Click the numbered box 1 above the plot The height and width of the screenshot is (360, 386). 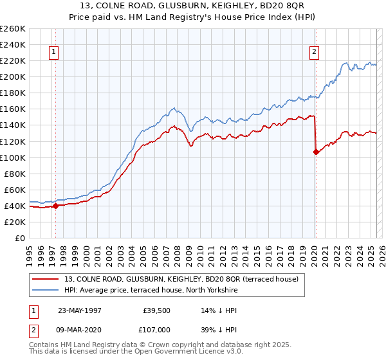[x=54, y=53]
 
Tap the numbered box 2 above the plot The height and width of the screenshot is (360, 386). [x=315, y=53]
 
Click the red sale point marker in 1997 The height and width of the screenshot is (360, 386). [x=55, y=206]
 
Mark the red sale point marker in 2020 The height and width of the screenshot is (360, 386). [x=316, y=152]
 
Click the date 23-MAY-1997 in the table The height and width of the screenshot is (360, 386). [x=82, y=310]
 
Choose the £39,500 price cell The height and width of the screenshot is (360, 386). [x=156, y=310]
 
